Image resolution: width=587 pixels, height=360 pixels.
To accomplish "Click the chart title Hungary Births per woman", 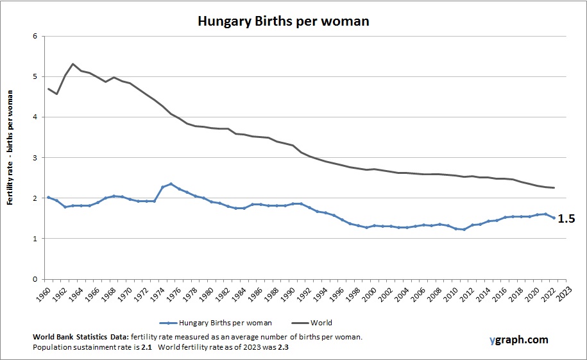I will (283, 21).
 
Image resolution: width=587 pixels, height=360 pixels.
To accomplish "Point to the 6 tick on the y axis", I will (34, 36).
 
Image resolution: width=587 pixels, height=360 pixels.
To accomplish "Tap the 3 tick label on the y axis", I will (34, 158).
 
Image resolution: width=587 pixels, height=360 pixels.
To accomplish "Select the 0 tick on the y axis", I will (34, 280).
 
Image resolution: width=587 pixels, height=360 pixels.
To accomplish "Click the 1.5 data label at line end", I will (566, 219).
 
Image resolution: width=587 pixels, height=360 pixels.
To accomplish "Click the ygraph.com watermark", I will (518, 340).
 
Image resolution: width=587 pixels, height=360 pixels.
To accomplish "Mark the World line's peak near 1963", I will (73, 64).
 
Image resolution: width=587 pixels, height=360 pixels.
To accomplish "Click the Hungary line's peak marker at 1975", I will (171, 184).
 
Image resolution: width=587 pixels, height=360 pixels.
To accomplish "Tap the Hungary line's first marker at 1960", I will (49, 198).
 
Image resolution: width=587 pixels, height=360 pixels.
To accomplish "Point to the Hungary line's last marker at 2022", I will (553, 218).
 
